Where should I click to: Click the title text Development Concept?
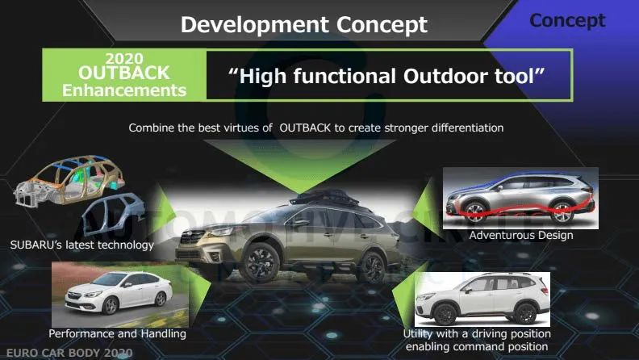[x=304, y=25]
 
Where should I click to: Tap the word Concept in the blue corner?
[x=567, y=20]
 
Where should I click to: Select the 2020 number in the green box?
[x=124, y=59]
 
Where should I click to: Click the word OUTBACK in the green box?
[x=124, y=73]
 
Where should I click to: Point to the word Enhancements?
[x=124, y=90]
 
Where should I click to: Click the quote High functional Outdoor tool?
[x=386, y=76]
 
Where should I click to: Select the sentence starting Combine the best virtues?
[x=315, y=128]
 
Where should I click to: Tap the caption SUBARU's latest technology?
[x=82, y=245]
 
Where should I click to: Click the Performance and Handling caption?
[x=117, y=333]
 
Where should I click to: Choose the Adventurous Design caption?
[x=521, y=235]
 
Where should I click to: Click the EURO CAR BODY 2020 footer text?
[x=69, y=353]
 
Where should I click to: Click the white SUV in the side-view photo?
[x=482, y=299]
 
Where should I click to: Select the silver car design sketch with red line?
[x=520, y=198]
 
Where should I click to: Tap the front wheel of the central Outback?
[x=260, y=263]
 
